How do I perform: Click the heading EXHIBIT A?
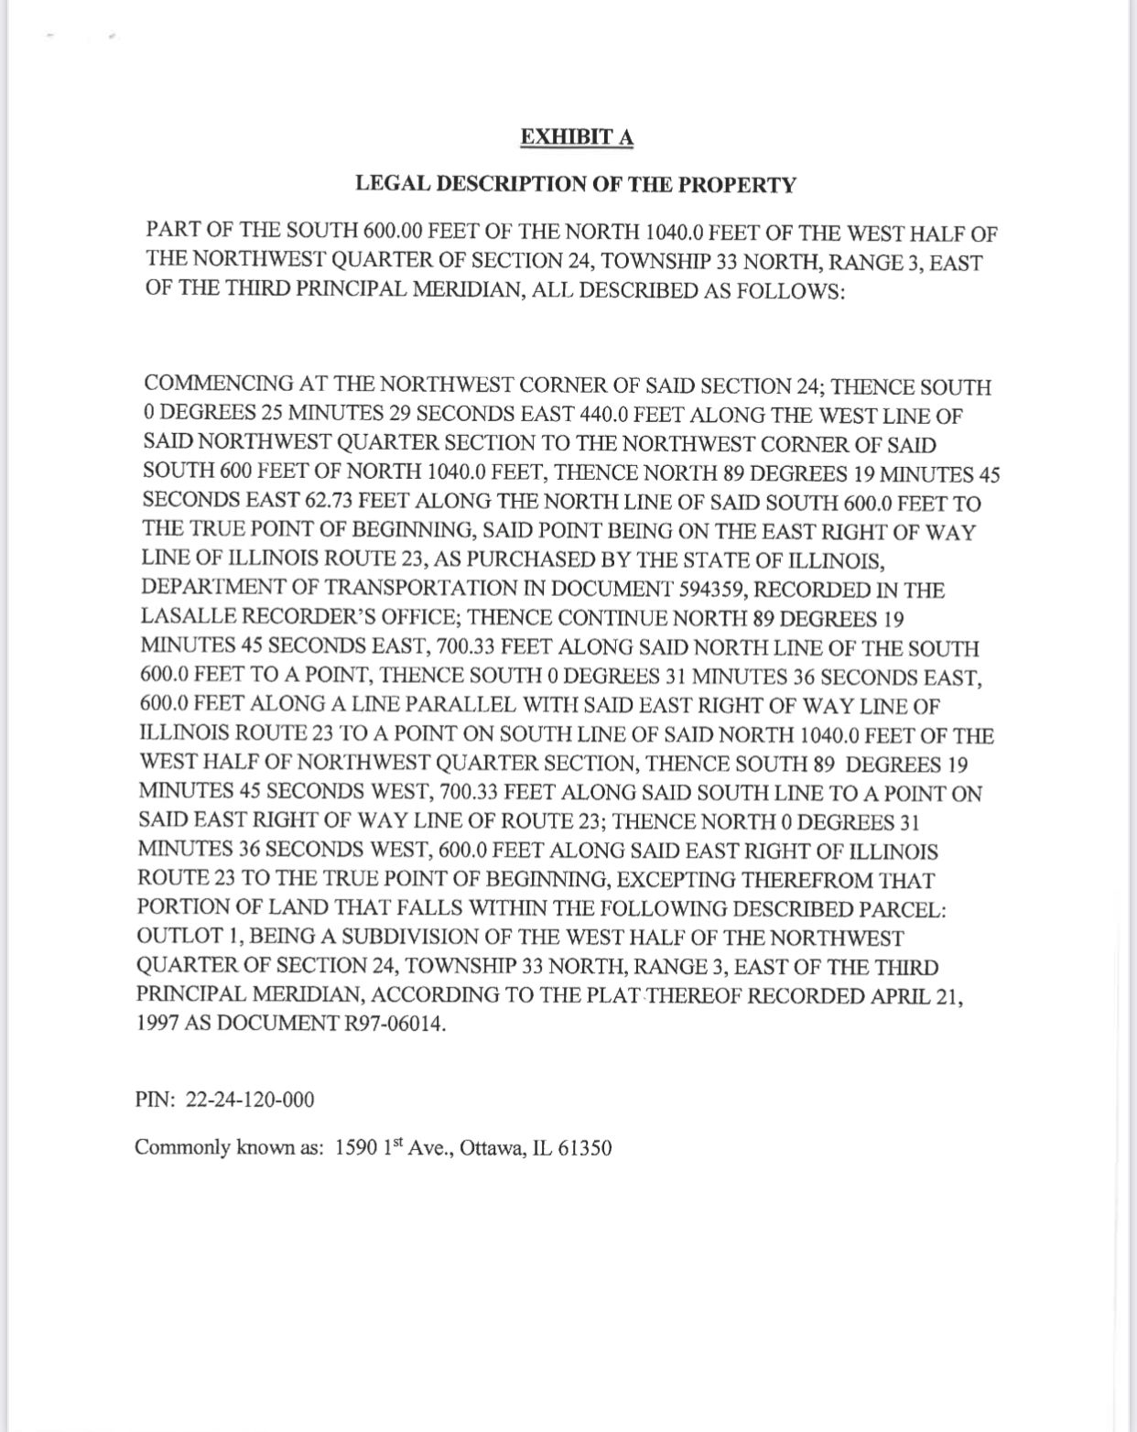[577, 137]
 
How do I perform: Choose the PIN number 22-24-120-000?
[250, 1099]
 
